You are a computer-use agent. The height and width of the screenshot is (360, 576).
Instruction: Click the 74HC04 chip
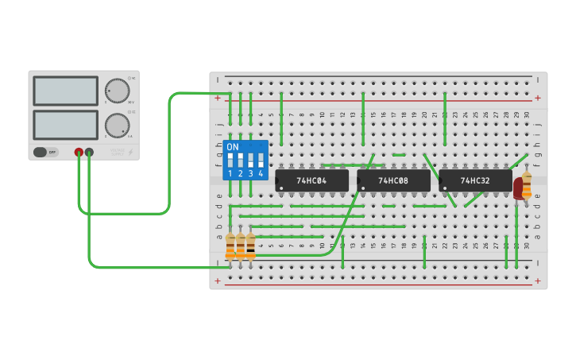coord(311,180)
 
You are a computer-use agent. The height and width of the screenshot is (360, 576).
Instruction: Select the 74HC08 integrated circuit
coord(393,180)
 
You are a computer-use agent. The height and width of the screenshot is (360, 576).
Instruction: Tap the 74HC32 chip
coord(475,180)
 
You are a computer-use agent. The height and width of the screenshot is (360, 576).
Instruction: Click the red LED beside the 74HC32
coord(518,188)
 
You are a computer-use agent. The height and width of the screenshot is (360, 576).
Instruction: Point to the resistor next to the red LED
coord(527,184)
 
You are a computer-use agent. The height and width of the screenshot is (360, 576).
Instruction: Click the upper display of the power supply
coord(66,91)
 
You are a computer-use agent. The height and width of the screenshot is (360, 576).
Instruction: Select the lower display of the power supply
coord(66,125)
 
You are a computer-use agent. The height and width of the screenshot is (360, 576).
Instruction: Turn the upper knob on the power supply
coord(117,91)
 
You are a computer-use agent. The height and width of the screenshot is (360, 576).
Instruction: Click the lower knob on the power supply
coord(117,125)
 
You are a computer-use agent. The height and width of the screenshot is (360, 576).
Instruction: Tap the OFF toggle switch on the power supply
coord(45,152)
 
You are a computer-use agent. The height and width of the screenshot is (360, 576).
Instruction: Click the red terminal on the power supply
coord(79,152)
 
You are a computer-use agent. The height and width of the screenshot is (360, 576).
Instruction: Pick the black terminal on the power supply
coord(89,152)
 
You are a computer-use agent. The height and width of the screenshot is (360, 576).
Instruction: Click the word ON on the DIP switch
coord(232,147)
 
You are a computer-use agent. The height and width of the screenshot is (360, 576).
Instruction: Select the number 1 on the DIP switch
coord(230,173)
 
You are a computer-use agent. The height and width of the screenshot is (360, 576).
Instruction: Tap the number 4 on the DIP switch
coord(261,173)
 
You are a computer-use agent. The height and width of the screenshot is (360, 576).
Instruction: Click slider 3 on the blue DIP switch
coord(250,160)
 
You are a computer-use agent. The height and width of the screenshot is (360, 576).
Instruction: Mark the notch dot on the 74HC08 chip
coord(363,188)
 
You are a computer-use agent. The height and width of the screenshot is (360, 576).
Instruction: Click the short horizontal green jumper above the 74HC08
coord(398,155)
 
